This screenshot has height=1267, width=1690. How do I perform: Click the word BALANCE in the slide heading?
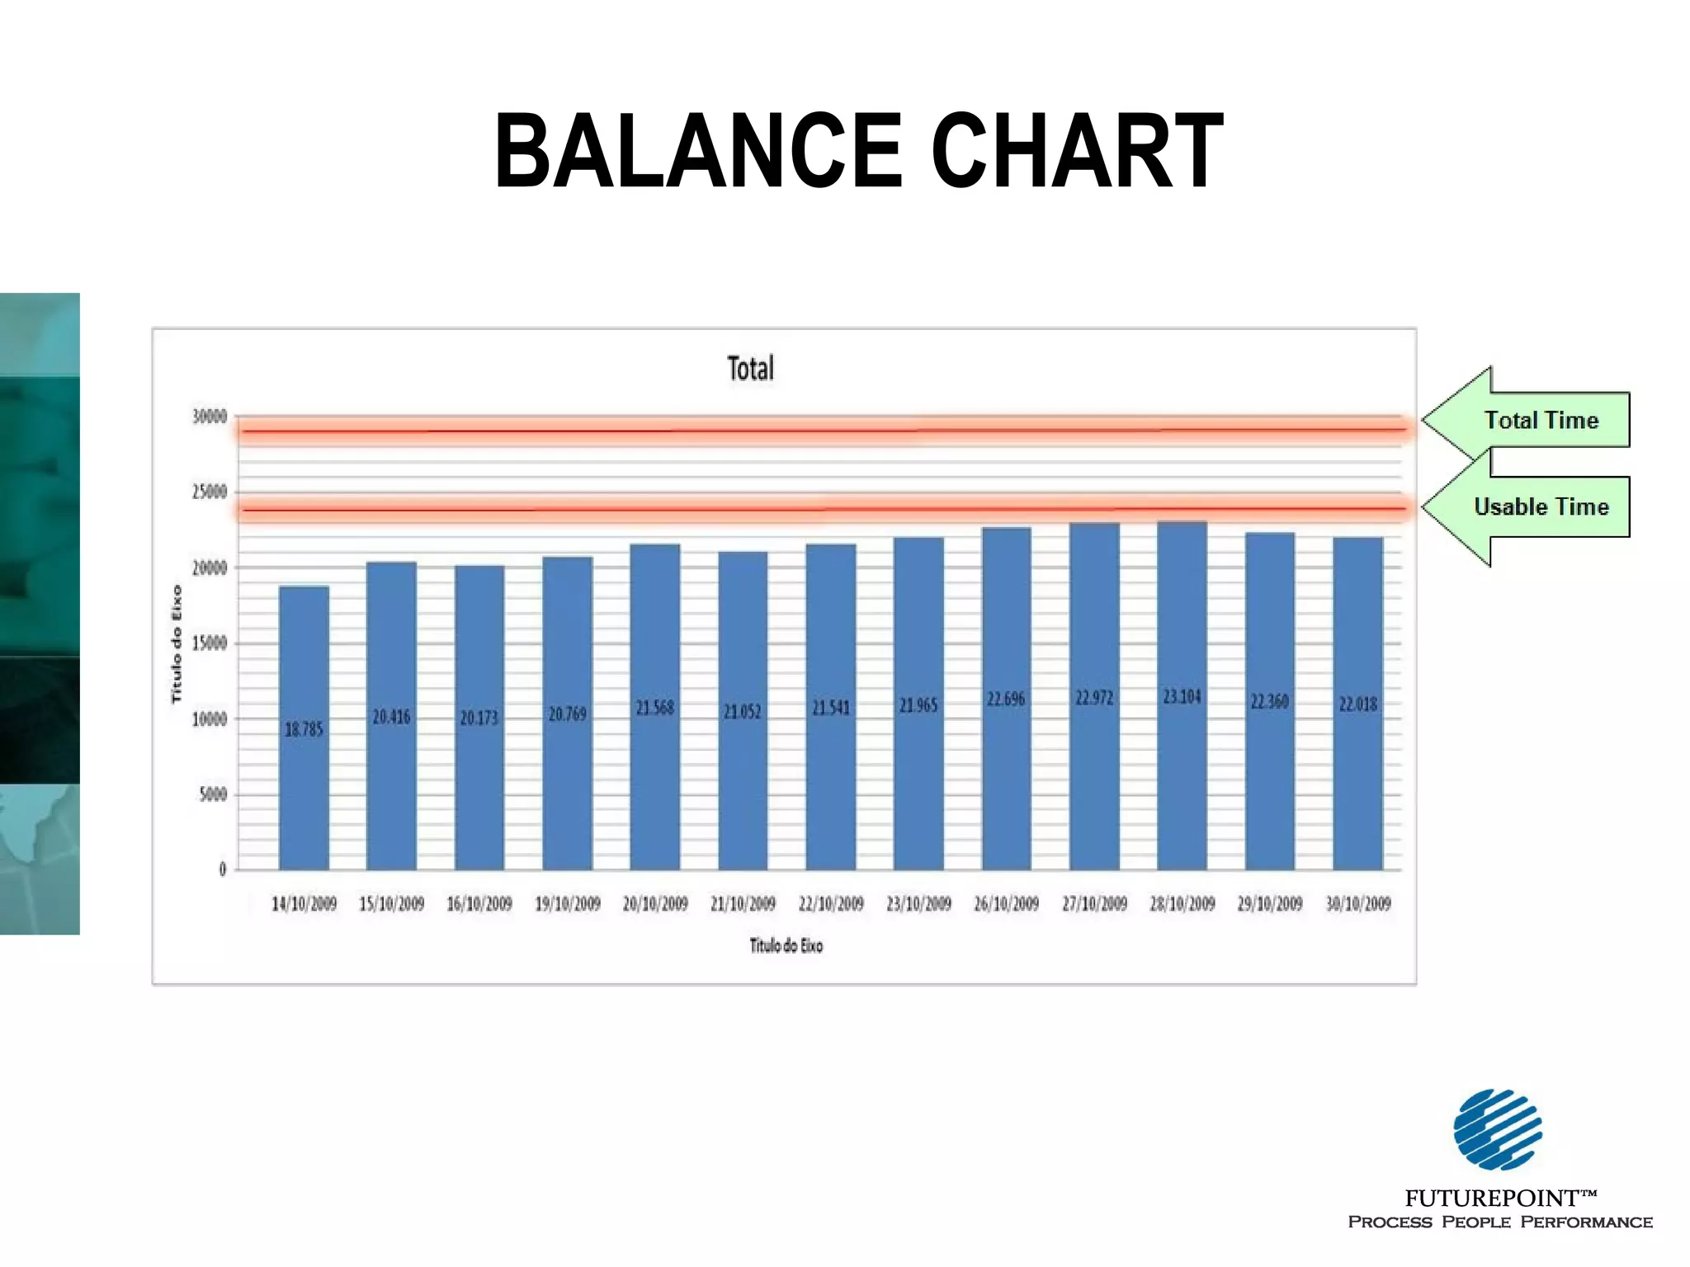(698, 151)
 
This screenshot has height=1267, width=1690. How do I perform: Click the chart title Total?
(750, 369)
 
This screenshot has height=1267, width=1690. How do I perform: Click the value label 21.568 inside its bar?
(654, 708)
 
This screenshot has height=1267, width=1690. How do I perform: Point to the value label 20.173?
(479, 718)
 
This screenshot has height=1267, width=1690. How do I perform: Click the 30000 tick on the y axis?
(210, 417)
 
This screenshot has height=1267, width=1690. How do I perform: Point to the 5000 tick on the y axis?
(213, 794)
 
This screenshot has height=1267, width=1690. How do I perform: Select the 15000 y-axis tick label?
(210, 643)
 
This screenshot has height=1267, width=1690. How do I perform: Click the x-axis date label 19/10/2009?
(567, 904)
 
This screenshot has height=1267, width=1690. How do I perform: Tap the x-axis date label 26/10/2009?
(1006, 904)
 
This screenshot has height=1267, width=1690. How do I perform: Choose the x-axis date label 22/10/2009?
(830, 904)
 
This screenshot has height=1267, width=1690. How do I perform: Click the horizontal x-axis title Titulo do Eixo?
(786, 945)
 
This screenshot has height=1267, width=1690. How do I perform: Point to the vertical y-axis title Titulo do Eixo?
(176, 643)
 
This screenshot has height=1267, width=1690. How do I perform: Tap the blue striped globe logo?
(1497, 1129)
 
